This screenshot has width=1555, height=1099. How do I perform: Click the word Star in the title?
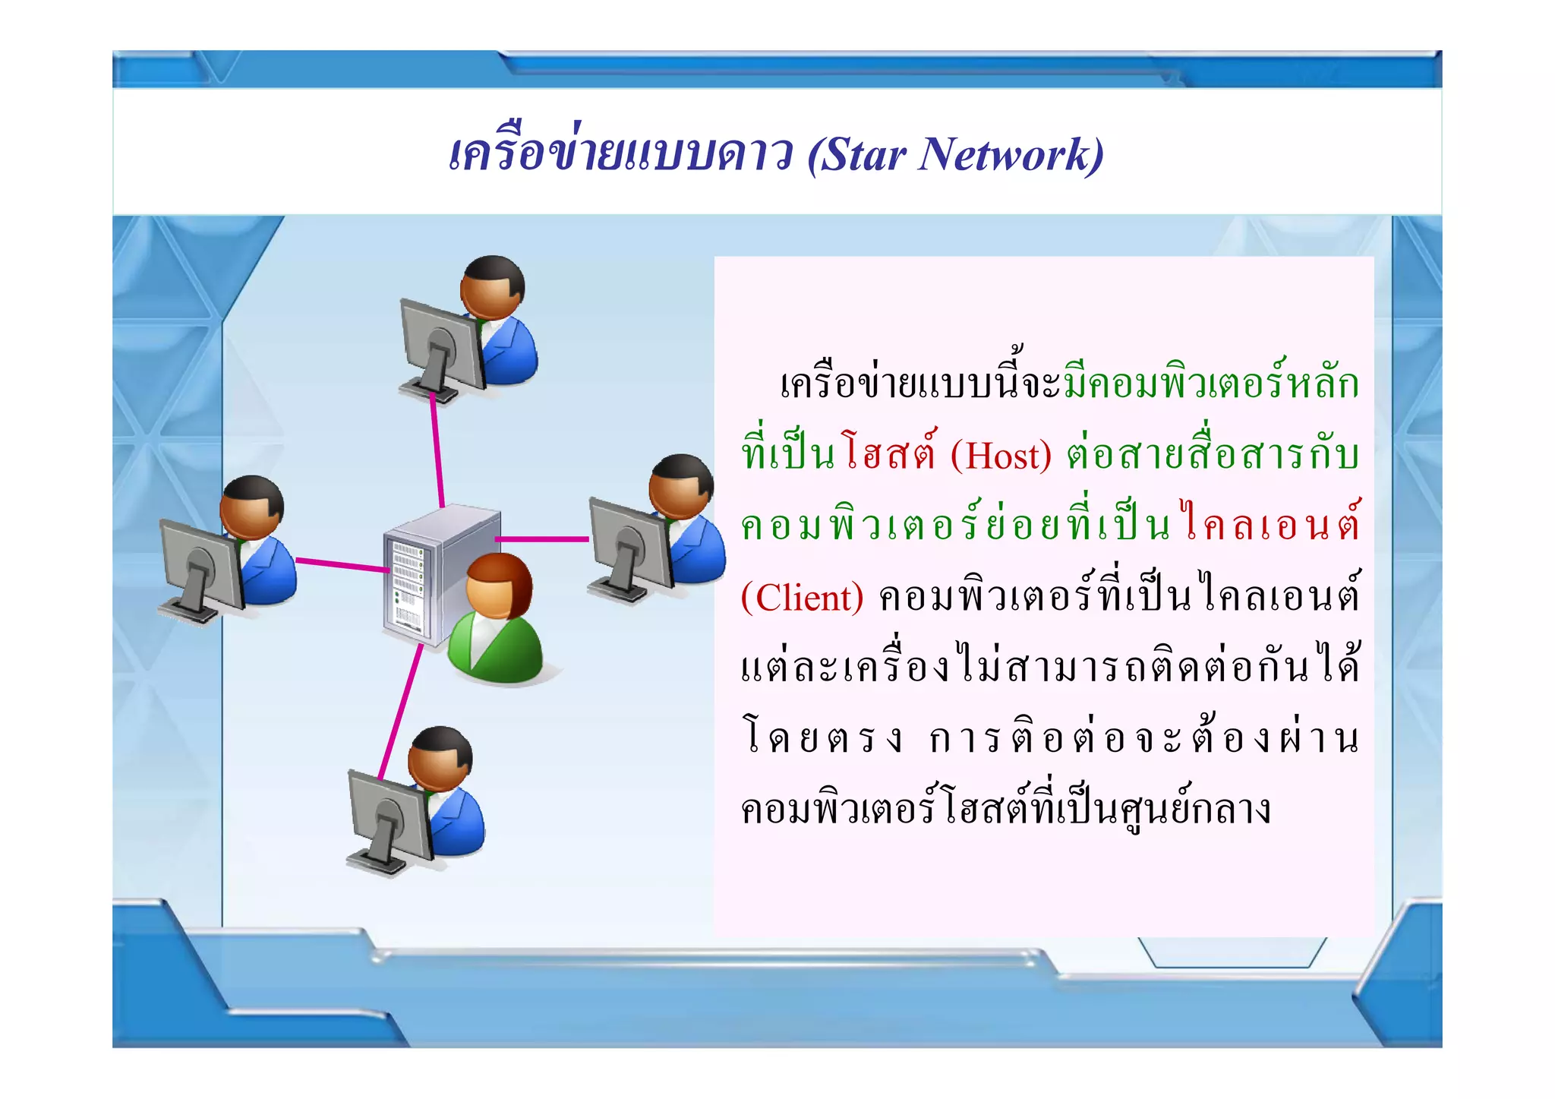point(864,156)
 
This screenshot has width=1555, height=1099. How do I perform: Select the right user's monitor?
point(627,543)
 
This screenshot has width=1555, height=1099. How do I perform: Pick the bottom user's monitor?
point(386,816)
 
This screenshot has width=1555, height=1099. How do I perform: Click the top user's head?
point(492,287)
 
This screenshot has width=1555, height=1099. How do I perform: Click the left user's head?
point(251,507)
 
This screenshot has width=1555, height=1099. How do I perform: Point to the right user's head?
point(681,486)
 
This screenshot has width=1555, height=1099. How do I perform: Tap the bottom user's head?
point(440,759)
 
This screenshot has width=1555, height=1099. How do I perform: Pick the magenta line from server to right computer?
point(542,539)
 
